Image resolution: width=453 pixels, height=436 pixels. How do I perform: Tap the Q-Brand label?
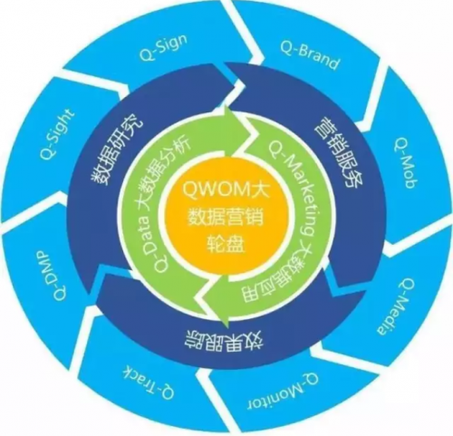[309, 55]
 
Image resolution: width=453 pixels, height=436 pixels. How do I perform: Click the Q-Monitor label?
[283, 391]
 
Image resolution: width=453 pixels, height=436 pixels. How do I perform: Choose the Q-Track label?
[149, 381]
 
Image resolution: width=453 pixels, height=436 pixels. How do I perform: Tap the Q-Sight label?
[56, 134]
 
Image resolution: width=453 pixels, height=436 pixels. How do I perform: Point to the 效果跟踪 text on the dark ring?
[225, 343]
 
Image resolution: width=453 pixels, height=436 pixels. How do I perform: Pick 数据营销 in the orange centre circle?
[226, 217]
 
